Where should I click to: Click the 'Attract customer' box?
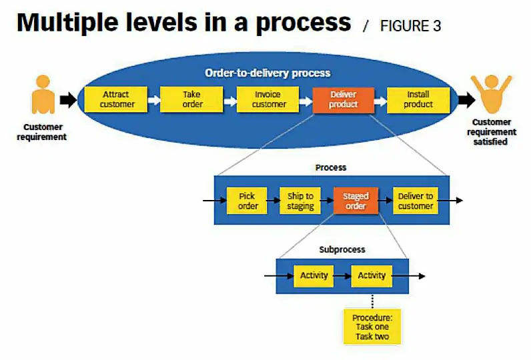point(117,99)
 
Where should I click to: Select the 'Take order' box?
point(192,99)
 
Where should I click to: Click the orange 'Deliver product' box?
point(344,99)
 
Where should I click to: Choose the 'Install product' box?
point(418,99)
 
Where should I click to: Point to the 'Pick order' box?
point(247,201)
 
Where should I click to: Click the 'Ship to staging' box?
point(300,201)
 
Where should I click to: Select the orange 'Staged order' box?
point(356,201)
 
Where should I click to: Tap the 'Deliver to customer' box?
point(416,201)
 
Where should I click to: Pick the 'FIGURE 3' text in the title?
point(410,26)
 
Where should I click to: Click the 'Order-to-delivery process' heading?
point(267,73)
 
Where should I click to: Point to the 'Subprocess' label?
point(342,249)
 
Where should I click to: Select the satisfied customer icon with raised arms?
point(491,93)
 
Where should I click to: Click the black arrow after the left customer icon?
point(69,100)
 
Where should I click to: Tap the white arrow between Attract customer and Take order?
point(153,101)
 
